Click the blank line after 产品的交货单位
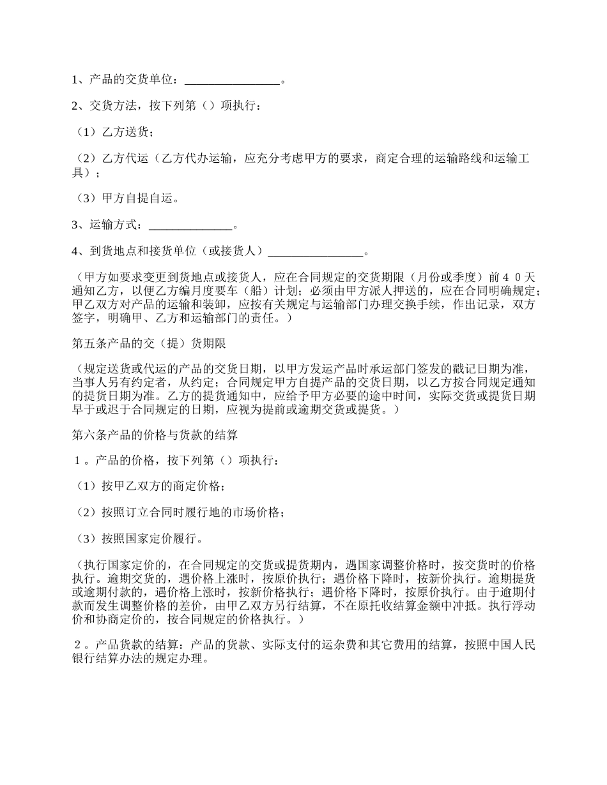[232, 81]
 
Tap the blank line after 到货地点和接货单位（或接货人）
[315, 251]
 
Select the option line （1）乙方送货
[114, 132]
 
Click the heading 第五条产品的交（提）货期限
[148, 344]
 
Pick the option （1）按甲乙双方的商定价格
[150, 486]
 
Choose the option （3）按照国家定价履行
[139, 539]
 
